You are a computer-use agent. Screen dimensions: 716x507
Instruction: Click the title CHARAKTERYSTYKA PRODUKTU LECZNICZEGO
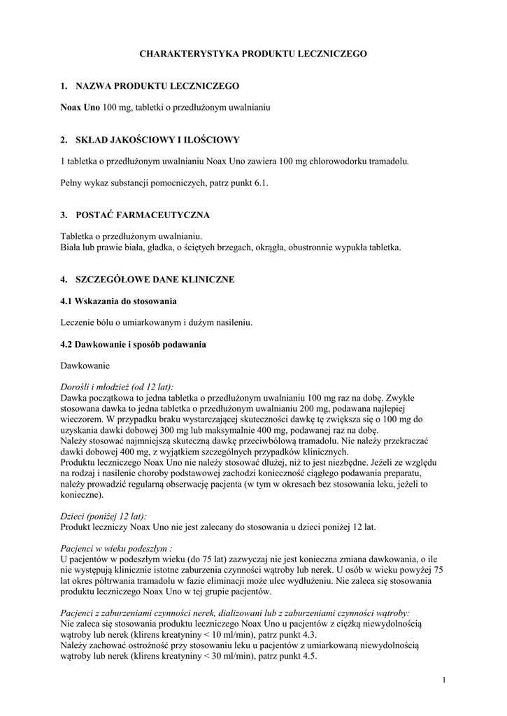click(253, 53)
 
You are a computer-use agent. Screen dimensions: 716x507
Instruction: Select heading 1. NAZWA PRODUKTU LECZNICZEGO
click(150, 86)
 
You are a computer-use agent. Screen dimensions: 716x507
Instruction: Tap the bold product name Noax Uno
click(80, 108)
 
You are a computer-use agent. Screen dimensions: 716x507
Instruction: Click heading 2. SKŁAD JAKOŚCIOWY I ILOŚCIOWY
click(150, 140)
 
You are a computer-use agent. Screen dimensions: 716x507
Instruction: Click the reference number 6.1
click(259, 182)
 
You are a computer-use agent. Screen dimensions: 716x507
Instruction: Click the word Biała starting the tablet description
click(73, 248)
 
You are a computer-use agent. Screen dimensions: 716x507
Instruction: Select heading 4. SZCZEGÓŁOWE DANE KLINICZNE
click(148, 280)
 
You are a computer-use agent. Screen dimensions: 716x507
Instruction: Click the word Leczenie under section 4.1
click(78, 322)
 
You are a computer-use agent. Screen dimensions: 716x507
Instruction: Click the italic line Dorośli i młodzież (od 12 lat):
click(117, 387)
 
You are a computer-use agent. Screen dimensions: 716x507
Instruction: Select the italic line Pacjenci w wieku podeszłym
click(116, 549)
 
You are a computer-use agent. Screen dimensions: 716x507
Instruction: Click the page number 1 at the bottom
click(443, 680)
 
